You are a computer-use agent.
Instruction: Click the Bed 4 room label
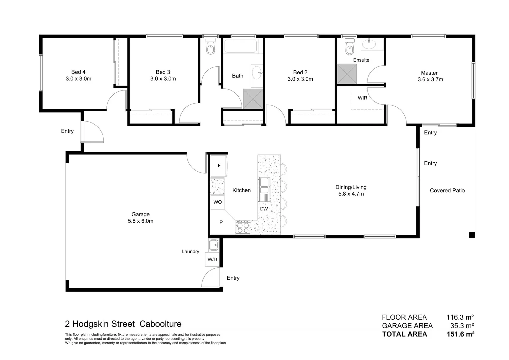[78, 72]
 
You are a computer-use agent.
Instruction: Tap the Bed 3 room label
[163, 72]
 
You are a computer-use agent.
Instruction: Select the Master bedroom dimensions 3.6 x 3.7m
[430, 80]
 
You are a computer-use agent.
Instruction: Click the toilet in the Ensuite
[349, 47]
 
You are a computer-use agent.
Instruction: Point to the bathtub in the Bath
[241, 46]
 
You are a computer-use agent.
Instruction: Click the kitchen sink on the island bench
[264, 186]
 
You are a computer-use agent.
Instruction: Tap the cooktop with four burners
[243, 227]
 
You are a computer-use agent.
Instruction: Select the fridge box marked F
[219, 166]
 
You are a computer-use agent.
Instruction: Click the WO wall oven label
[217, 202]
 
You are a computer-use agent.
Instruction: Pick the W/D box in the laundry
[212, 259]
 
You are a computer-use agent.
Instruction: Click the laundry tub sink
[214, 245]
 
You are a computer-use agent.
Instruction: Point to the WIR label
[362, 98]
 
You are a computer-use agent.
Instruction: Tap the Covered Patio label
[447, 191]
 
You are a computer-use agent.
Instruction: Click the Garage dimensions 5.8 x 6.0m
[140, 221]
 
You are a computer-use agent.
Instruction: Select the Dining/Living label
[351, 187]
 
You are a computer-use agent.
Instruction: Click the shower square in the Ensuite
[347, 74]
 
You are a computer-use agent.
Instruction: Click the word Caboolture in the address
[160, 324]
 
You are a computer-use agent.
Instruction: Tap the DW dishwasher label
[264, 209]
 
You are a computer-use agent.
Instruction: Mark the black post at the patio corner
[472, 235]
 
